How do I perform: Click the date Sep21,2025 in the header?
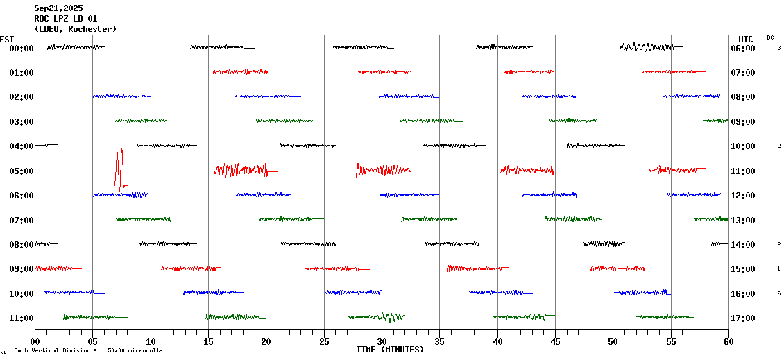click(x=58, y=8)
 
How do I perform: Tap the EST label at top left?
click(x=8, y=39)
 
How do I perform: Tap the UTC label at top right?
click(x=746, y=39)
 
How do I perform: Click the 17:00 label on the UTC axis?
click(x=743, y=318)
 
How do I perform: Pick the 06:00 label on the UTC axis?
click(x=743, y=48)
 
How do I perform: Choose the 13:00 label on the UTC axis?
click(x=743, y=220)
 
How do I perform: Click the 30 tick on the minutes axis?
click(x=382, y=342)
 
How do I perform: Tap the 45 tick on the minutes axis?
click(x=555, y=342)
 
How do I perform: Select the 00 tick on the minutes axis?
click(x=35, y=342)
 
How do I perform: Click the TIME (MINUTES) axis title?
click(x=390, y=350)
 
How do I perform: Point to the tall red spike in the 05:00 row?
click(x=119, y=169)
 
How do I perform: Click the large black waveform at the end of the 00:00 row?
click(x=647, y=47)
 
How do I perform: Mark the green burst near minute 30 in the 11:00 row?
click(x=391, y=317)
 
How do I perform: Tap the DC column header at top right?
click(x=770, y=37)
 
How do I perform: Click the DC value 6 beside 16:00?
click(x=778, y=293)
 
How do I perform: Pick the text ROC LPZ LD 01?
click(x=66, y=19)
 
